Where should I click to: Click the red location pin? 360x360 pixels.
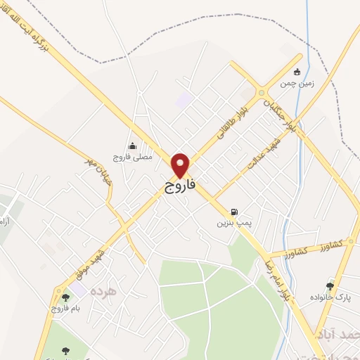point(181,166)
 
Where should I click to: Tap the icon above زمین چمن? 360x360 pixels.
point(296,71)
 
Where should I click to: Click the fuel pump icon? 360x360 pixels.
point(233,211)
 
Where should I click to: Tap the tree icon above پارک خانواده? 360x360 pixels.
point(330,285)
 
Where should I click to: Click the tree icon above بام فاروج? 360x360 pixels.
point(65,297)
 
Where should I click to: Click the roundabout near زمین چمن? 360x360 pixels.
point(262,93)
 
